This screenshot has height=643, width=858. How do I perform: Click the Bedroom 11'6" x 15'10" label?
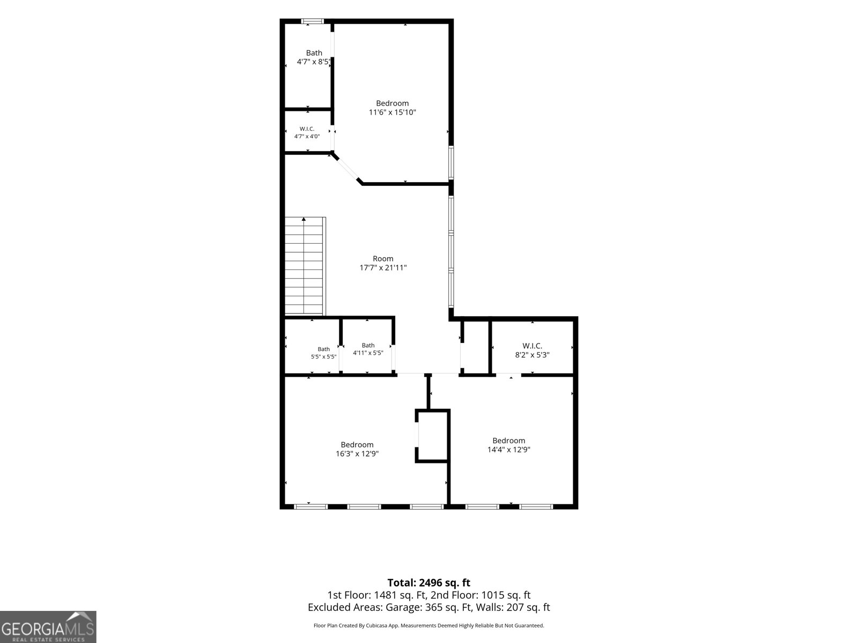pos(392,108)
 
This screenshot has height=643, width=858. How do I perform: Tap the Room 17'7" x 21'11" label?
pos(383,263)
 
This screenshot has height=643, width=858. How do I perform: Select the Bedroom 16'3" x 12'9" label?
pos(357,449)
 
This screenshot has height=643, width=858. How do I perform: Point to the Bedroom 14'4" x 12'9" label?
pos(508,445)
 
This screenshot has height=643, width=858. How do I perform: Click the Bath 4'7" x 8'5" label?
pos(314,57)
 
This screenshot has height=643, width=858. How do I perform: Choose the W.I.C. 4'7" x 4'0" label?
pos(307,132)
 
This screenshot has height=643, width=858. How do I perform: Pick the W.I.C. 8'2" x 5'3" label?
pos(532,350)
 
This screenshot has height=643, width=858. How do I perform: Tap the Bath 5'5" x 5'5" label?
pos(324,353)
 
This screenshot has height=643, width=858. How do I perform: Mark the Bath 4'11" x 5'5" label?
pos(368,349)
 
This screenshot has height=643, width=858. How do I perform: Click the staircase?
pos(305,266)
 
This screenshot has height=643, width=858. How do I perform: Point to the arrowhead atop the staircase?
pos(304,219)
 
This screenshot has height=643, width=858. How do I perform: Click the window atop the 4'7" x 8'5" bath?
pos(312,21)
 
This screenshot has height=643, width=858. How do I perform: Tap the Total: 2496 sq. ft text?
pos(429,582)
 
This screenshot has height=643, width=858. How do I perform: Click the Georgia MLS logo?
pos(48,626)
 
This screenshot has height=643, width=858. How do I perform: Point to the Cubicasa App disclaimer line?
pos(429,625)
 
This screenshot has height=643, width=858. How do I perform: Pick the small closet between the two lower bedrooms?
pos(432,436)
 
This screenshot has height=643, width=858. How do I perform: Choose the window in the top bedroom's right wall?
pos(451,162)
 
